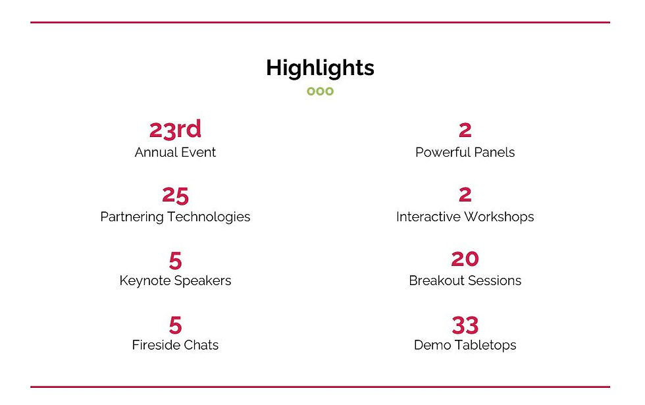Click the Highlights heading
(320, 68)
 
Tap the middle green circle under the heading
(320, 91)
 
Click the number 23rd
(175, 130)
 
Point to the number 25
(175, 195)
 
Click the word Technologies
(209, 217)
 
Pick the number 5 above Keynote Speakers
(175, 260)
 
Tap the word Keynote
(145, 281)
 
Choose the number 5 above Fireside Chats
(175, 325)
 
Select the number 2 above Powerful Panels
(465, 130)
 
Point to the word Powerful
(442, 152)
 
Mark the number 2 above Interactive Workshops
(465, 195)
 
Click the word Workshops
(499, 217)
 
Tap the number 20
(465, 259)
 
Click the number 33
(465, 325)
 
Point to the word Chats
(200, 345)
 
